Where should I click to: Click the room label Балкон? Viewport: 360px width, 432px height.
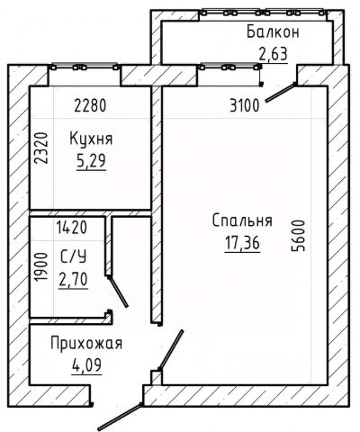tap(273, 31)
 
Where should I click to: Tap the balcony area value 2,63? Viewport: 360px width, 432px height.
tap(274, 54)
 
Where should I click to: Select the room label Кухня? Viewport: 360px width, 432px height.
tap(91, 139)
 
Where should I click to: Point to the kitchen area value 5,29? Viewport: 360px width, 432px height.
tap(91, 161)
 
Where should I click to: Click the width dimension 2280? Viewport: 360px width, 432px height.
tap(90, 106)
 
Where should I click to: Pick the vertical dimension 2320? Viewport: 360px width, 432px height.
tap(41, 148)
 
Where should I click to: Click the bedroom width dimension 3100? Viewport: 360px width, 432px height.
tap(244, 106)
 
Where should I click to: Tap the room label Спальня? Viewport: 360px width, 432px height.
tap(242, 220)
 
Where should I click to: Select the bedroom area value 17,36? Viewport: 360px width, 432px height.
tap(242, 243)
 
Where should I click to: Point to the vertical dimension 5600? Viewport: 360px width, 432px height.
tap(298, 236)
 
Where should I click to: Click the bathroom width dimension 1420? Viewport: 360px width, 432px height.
tap(72, 228)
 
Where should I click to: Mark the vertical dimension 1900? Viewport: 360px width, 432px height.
tap(41, 266)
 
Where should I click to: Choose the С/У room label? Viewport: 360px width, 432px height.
tap(73, 257)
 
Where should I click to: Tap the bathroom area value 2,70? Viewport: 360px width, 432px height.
tap(73, 279)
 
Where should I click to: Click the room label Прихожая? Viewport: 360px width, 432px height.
tap(86, 344)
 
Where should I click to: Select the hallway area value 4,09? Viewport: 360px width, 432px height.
tap(86, 365)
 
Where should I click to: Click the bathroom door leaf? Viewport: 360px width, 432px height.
tap(118, 292)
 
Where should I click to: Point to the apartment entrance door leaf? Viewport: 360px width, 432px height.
tap(120, 417)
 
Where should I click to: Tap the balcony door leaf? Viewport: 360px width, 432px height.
tap(281, 93)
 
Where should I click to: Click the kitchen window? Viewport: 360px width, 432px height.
tap(85, 67)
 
